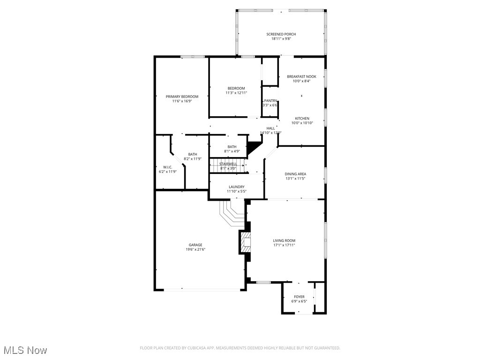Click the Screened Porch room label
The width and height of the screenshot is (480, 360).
pos(281,34)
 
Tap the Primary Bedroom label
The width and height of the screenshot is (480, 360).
pos(182,97)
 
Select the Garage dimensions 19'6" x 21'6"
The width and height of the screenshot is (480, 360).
pos(195,249)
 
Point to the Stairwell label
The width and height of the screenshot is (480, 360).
pos(228,164)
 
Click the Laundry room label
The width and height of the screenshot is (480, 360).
pos(236,187)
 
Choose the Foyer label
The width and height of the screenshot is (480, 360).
pos(299,297)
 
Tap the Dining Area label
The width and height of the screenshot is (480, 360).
pos(295,174)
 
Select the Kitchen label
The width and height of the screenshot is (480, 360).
pos(302,118)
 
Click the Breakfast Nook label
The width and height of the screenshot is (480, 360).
pos(301,76)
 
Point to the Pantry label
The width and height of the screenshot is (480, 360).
pos(270,100)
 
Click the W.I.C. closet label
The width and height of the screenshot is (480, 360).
pos(168,167)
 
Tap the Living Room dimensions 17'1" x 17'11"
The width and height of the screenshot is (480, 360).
pos(284,245)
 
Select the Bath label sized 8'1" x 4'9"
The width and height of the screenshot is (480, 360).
pos(232,147)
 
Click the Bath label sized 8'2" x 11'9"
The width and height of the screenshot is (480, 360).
pos(193,154)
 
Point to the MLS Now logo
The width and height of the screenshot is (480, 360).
pos(25,350)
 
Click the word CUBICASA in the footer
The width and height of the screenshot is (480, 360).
pos(194,348)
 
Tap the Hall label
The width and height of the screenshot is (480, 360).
pos(270,128)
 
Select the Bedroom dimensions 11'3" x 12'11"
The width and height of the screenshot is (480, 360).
pos(236,93)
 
